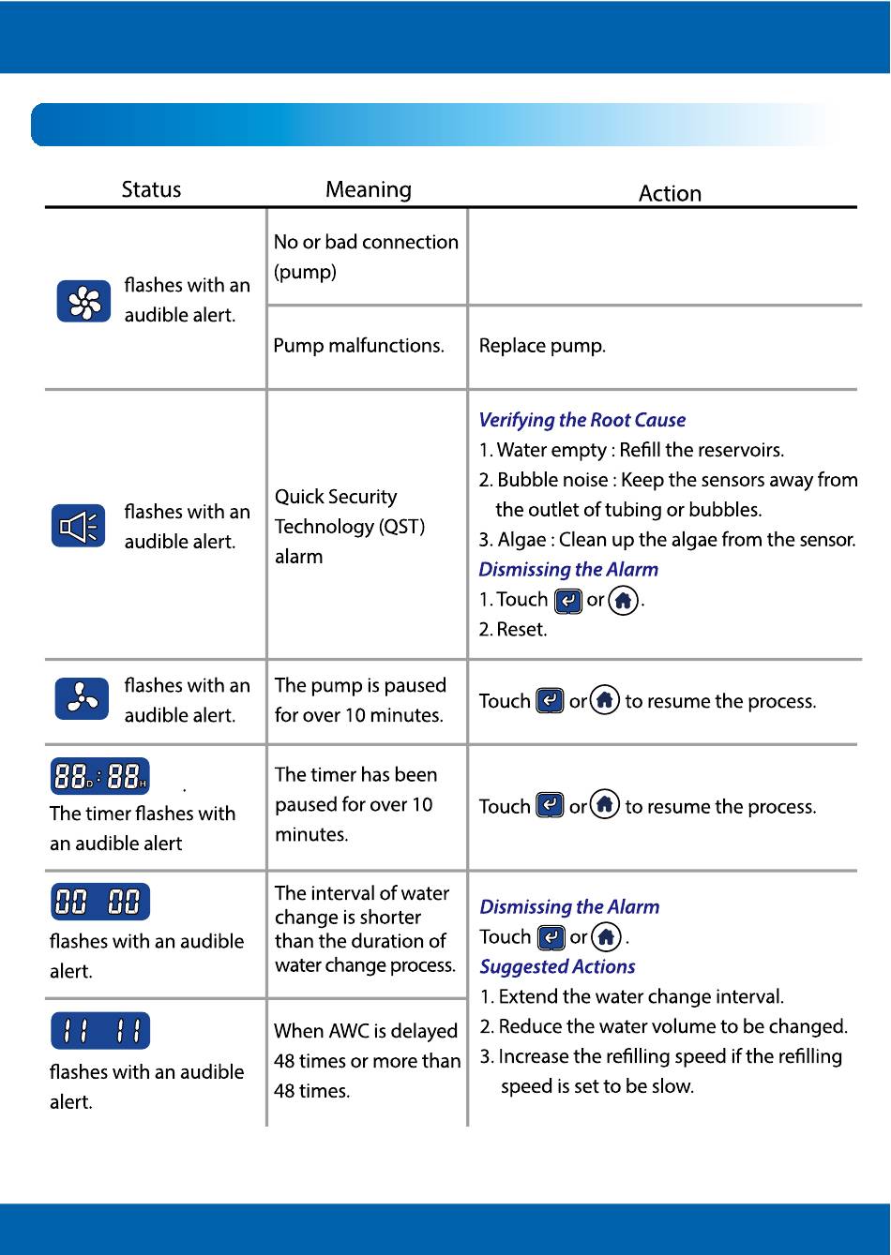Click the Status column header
click(x=151, y=189)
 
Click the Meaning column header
click(x=368, y=189)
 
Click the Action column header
click(x=670, y=193)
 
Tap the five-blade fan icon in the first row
click(x=83, y=301)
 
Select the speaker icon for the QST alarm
click(x=78, y=527)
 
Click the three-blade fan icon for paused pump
click(x=82, y=700)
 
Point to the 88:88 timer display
click(x=99, y=776)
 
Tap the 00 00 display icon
click(x=99, y=903)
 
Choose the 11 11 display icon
click(x=99, y=1031)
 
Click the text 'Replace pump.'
click(x=542, y=346)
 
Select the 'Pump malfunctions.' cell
click(x=358, y=346)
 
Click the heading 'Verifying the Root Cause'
click(x=581, y=420)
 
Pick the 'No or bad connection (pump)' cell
click(x=366, y=257)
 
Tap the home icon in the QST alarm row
click(x=623, y=600)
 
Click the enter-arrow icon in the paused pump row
click(x=549, y=701)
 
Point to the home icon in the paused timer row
click(x=606, y=806)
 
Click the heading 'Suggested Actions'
click(x=557, y=966)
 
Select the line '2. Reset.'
click(x=512, y=629)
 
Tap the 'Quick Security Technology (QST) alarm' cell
click(x=349, y=527)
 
